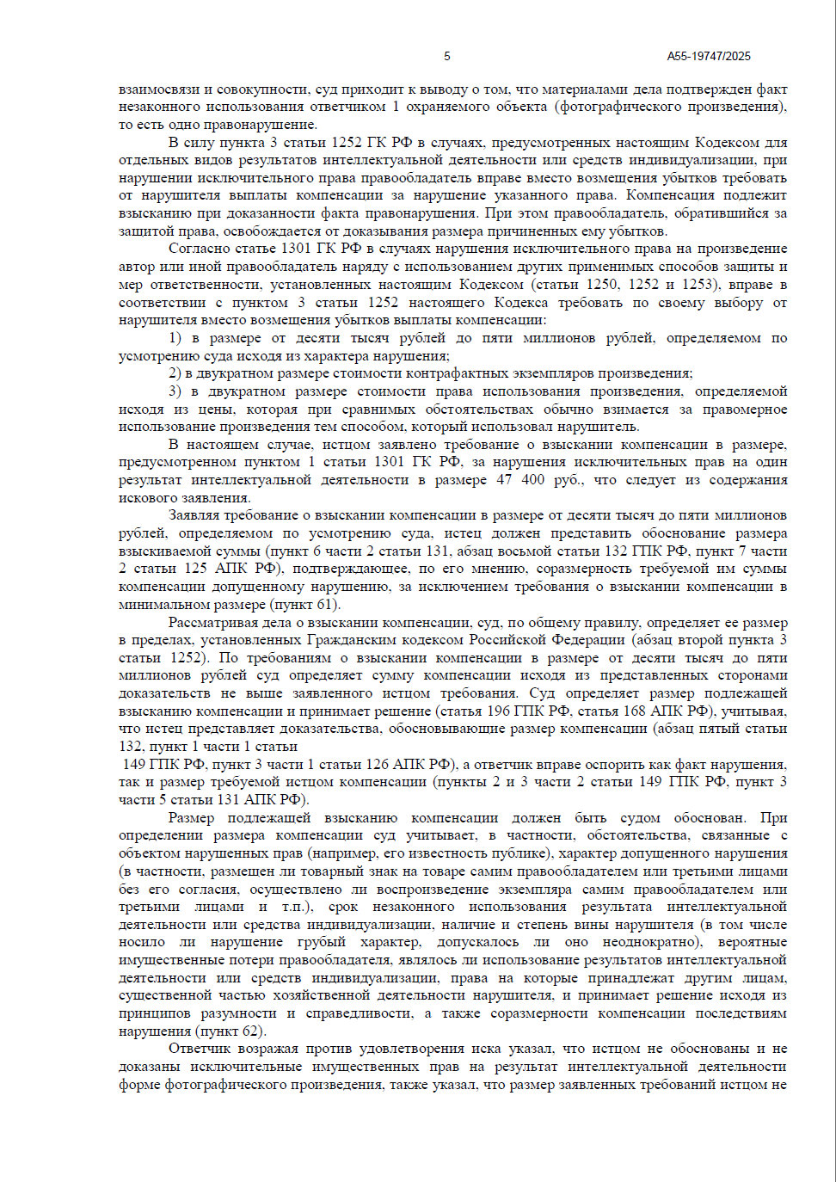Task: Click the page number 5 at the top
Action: (x=446, y=56)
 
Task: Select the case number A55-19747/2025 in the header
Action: (x=708, y=56)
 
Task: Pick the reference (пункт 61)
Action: (x=305, y=605)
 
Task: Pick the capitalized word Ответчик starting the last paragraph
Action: (x=199, y=1049)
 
